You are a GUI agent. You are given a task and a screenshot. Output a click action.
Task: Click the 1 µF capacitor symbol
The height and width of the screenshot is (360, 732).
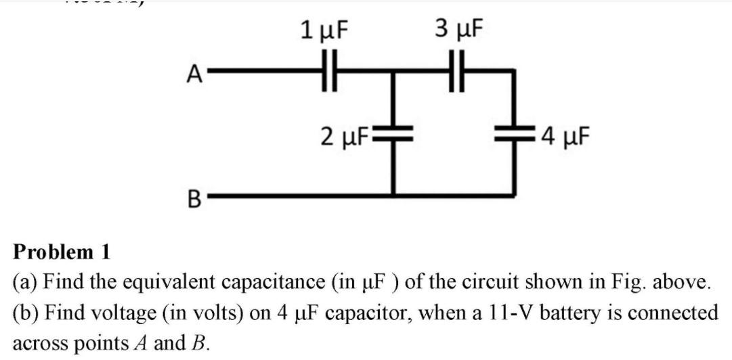tap(330, 70)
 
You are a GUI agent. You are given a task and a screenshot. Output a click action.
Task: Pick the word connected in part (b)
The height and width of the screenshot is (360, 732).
tap(671, 313)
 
